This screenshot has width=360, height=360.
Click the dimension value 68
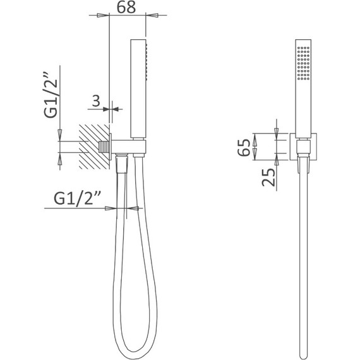pos(126,7)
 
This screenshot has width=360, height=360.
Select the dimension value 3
pos(96,101)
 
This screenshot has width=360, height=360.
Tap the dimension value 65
pos(244,148)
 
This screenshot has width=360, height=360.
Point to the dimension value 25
pos(268,177)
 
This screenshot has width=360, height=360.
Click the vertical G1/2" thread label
pos(51,95)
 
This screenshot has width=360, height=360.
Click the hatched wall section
pos(94,147)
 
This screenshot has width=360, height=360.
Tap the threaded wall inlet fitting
pos(104,147)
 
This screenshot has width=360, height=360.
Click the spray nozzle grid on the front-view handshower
pos(303,63)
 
